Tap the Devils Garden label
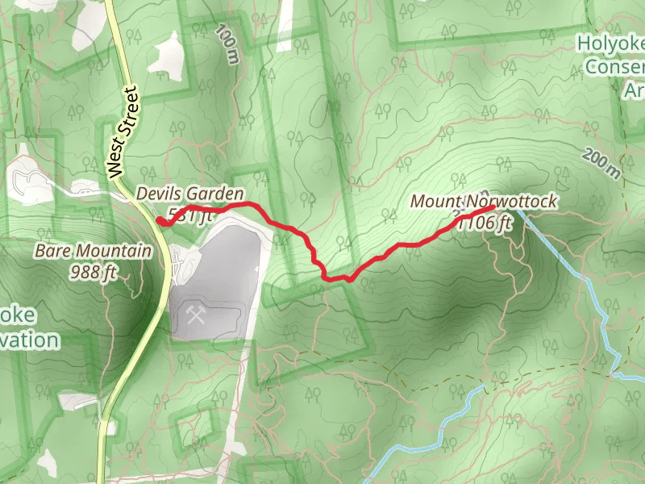click(189, 194)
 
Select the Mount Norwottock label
click(483, 202)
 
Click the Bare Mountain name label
click(93, 251)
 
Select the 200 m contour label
click(601, 164)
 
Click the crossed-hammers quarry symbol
click(196, 314)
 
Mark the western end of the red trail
click(159, 222)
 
